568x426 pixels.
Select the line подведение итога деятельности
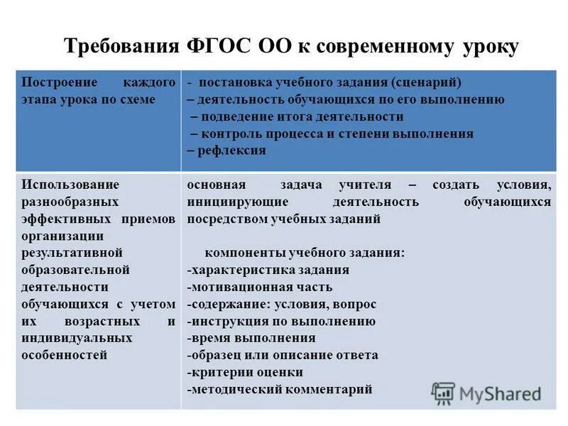coord(301,116)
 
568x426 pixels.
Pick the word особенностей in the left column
coord(64,355)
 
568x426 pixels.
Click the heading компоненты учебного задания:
coord(305,253)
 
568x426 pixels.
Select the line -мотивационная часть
coord(260,287)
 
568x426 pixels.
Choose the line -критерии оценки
coord(246,372)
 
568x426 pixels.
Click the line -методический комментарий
coord(280,389)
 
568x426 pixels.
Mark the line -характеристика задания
coord(268,270)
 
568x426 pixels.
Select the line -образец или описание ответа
coord(283,355)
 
